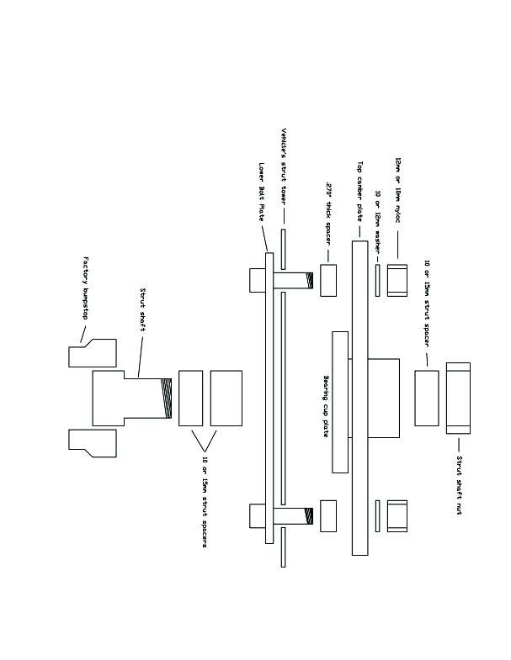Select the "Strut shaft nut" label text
[x=459, y=486]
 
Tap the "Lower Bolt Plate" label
[x=262, y=192]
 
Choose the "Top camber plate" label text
[x=360, y=190]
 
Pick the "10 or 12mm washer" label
[x=378, y=214]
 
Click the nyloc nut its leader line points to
[x=397, y=279]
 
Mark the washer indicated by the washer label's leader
[x=378, y=280]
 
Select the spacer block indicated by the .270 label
[x=328, y=280]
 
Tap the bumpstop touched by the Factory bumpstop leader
[x=92, y=353]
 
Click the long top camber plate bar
[x=360, y=404]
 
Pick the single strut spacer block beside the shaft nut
[x=427, y=398]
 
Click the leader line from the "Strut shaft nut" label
[x=458, y=443]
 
